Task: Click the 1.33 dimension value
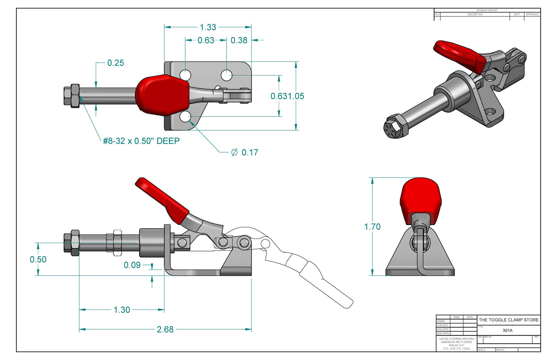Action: click(x=207, y=27)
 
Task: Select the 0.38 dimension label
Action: click(x=239, y=40)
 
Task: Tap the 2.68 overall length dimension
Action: click(x=165, y=329)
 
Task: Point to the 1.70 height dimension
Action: click(x=372, y=227)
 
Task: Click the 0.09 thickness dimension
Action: click(x=132, y=265)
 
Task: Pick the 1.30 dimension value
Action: click(x=122, y=310)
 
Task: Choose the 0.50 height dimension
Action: click(x=38, y=259)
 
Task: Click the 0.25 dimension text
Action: click(x=116, y=63)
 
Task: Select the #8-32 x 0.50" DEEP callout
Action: click(x=141, y=140)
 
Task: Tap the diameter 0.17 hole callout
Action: click(x=245, y=152)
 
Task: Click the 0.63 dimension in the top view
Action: click(x=206, y=40)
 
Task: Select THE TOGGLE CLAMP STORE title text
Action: click(x=509, y=320)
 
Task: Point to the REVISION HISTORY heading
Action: click(x=487, y=10)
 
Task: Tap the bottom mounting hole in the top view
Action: click(x=186, y=117)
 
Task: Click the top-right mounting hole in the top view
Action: click(x=227, y=74)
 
